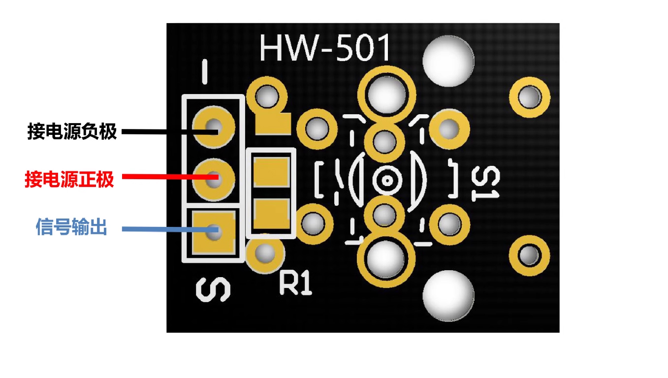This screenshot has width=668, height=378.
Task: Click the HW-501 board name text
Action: (325, 48)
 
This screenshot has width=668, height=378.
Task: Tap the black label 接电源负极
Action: (72, 132)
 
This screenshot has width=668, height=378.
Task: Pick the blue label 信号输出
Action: (71, 227)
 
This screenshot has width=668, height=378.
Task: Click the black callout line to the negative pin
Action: (162, 131)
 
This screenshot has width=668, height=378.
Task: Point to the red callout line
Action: (162, 176)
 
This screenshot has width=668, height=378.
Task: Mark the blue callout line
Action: (162, 229)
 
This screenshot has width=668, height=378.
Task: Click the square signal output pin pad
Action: (213, 231)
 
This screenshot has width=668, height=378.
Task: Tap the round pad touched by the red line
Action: (213, 178)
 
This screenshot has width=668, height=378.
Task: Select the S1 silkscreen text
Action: (485, 183)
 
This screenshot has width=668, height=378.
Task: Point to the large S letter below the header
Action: (213, 290)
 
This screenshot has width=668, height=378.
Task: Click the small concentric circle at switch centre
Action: (387, 181)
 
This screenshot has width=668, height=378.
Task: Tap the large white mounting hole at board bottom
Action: (448, 296)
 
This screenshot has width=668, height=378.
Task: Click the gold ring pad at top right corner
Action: (529, 97)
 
